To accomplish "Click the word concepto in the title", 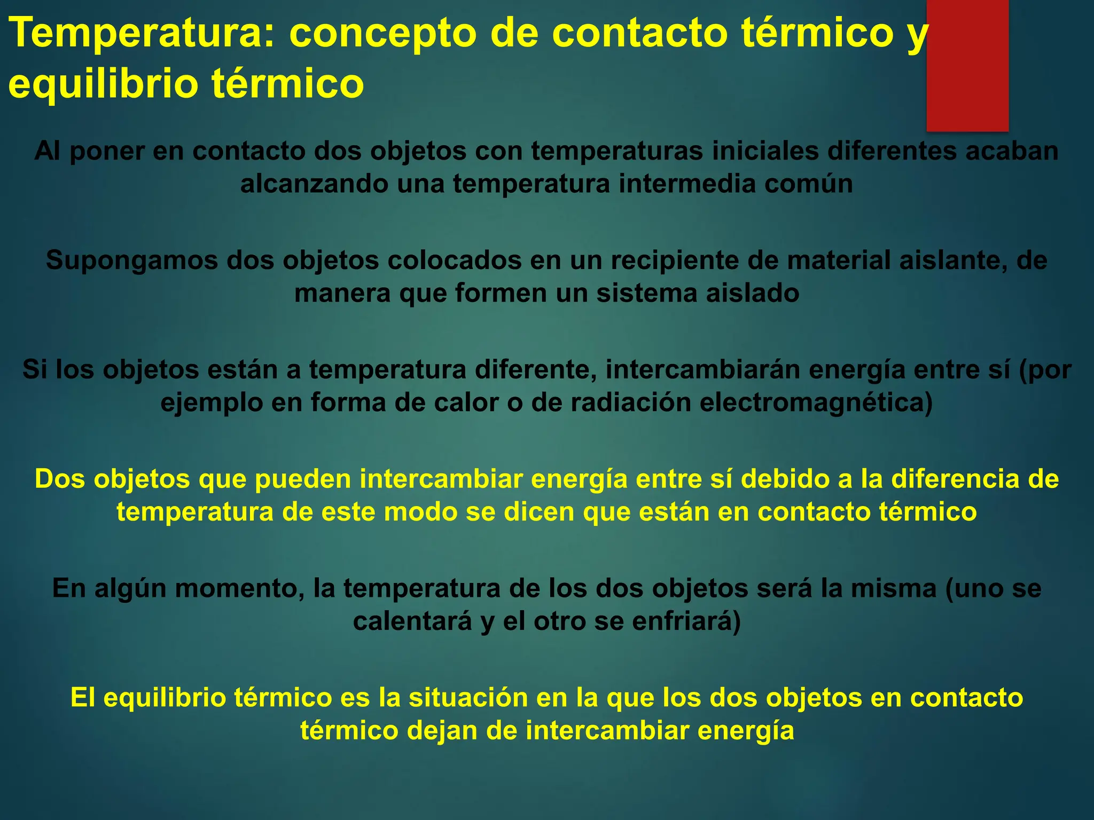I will click(382, 33).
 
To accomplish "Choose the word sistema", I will click(647, 294).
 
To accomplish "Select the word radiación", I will click(631, 403).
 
